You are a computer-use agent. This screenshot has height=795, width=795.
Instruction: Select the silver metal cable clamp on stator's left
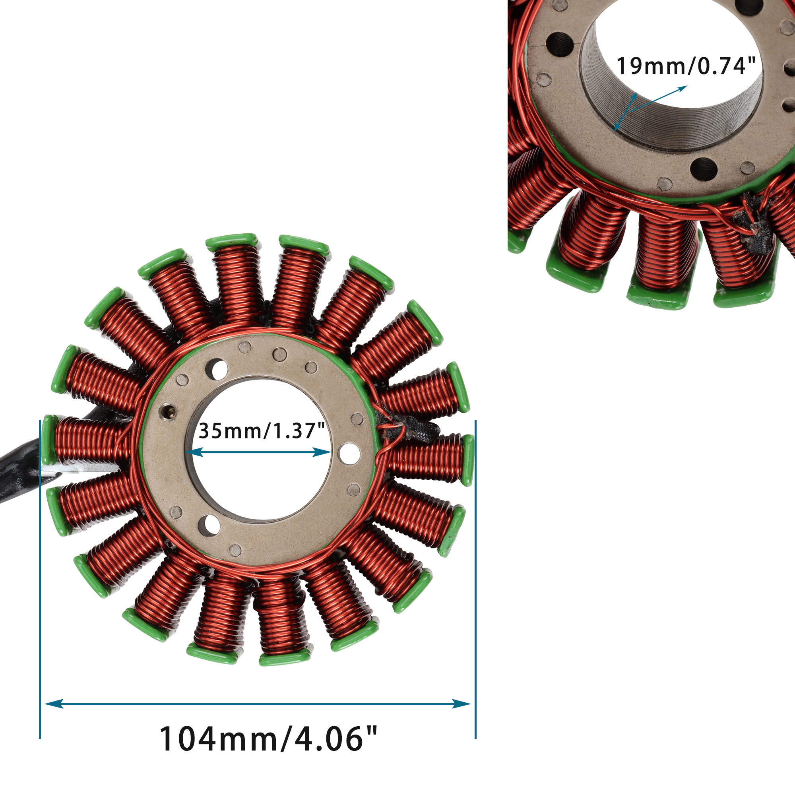(x=78, y=470)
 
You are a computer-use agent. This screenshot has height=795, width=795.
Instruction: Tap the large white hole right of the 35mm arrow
(x=349, y=454)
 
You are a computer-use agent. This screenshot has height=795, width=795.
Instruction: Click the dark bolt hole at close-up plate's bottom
(x=704, y=169)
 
